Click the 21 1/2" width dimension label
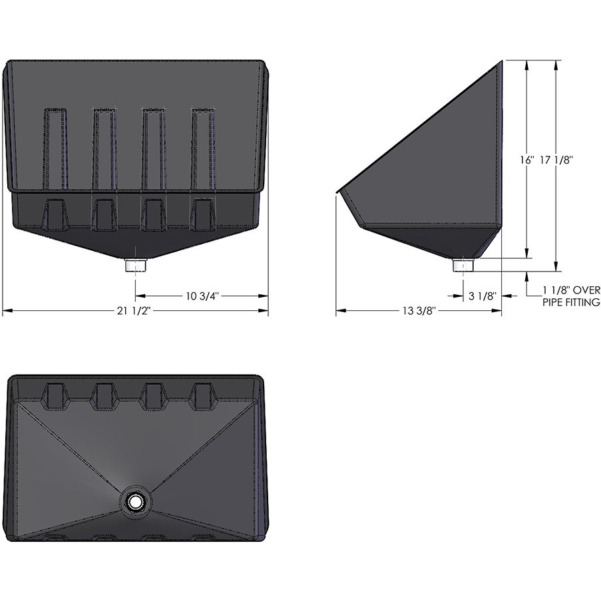coord(134,311)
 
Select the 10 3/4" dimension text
coord(202,296)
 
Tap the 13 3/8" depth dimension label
coord(419,311)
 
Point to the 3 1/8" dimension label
coord(482,296)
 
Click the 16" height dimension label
coord(527,160)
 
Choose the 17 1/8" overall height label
coord(556,160)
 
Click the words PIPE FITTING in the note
coord(571,302)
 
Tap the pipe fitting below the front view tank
coord(135,266)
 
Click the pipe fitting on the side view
coord(463,266)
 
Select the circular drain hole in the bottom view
coord(135,501)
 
